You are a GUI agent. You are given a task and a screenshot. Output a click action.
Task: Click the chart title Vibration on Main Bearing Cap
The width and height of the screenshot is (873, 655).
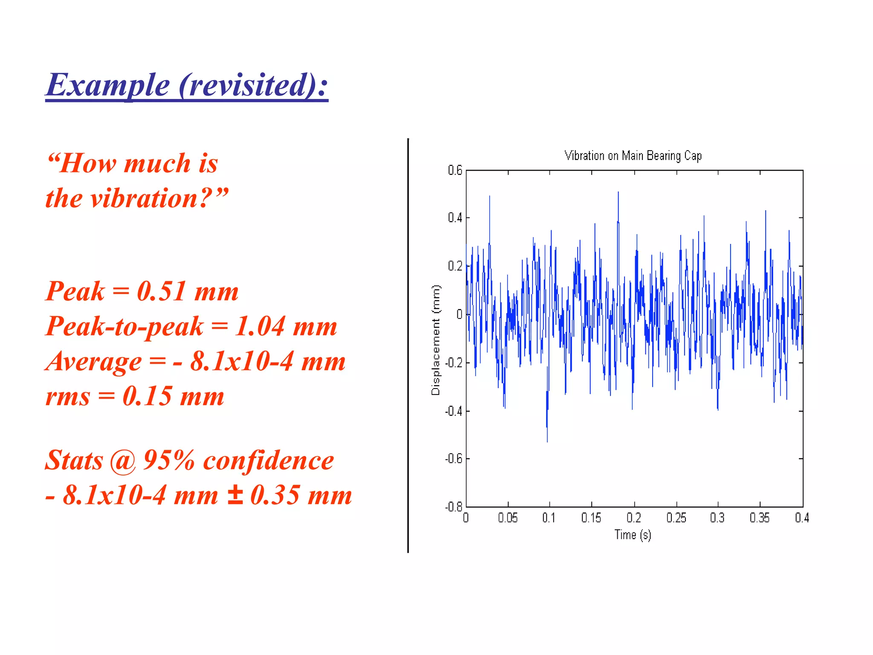[633, 156]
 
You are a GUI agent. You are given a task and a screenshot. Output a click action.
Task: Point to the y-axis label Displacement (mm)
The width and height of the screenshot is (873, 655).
[435, 340]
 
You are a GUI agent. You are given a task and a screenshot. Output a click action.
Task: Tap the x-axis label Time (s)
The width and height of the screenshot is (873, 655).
[633, 535]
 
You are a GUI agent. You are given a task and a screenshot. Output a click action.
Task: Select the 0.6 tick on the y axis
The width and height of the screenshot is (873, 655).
[455, 171]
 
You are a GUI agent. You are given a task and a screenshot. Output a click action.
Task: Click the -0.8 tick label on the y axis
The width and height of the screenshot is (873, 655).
[454, 507]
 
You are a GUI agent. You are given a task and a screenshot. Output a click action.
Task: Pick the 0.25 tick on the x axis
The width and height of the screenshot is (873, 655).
[676, 518]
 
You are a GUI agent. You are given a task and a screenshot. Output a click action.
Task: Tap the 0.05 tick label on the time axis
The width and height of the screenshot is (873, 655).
[508, 518]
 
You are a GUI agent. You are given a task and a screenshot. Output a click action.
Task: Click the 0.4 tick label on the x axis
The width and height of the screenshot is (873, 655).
[802, 518]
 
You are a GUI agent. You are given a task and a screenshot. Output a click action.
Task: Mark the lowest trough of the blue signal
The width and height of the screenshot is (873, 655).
[547, 441]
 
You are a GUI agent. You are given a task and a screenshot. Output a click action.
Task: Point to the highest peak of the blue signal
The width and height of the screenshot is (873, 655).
[618, 193]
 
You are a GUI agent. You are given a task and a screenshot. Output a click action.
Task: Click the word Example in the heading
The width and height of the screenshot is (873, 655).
[108, 85]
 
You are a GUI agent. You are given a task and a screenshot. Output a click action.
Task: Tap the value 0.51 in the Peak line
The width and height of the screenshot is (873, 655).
[161, 292]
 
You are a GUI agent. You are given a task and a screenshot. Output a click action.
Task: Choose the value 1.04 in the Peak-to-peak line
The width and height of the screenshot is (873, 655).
[260, 327]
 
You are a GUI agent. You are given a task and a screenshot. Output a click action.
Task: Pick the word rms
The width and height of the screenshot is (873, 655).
[68, 397]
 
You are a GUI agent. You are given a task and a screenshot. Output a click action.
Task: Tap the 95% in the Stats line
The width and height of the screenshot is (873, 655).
[169, 461]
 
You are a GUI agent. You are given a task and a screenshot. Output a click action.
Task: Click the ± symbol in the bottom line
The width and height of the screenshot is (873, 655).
[235, 496]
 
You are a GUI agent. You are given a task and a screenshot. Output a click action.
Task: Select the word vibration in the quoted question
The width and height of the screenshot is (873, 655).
[145, 198]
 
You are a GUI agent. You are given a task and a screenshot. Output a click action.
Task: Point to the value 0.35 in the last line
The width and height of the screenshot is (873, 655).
[275, 496]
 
